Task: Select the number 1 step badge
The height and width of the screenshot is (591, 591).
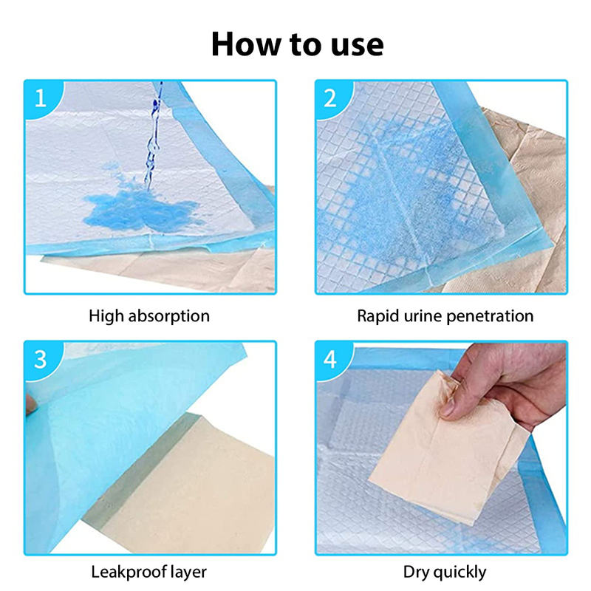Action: point(43,99)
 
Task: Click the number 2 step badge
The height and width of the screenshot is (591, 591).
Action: point(333,99)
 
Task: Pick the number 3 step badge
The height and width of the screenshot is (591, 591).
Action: point(43,360)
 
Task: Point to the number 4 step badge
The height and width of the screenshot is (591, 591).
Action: point(333,360)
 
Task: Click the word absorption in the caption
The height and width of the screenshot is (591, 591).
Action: point(169,317)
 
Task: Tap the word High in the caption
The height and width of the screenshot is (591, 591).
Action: point(106,317)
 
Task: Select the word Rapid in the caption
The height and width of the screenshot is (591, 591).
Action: point(378,317)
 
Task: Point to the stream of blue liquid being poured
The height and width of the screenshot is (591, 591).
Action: point(154,136)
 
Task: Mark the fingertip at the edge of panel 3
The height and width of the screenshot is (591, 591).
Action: point(31,405)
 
